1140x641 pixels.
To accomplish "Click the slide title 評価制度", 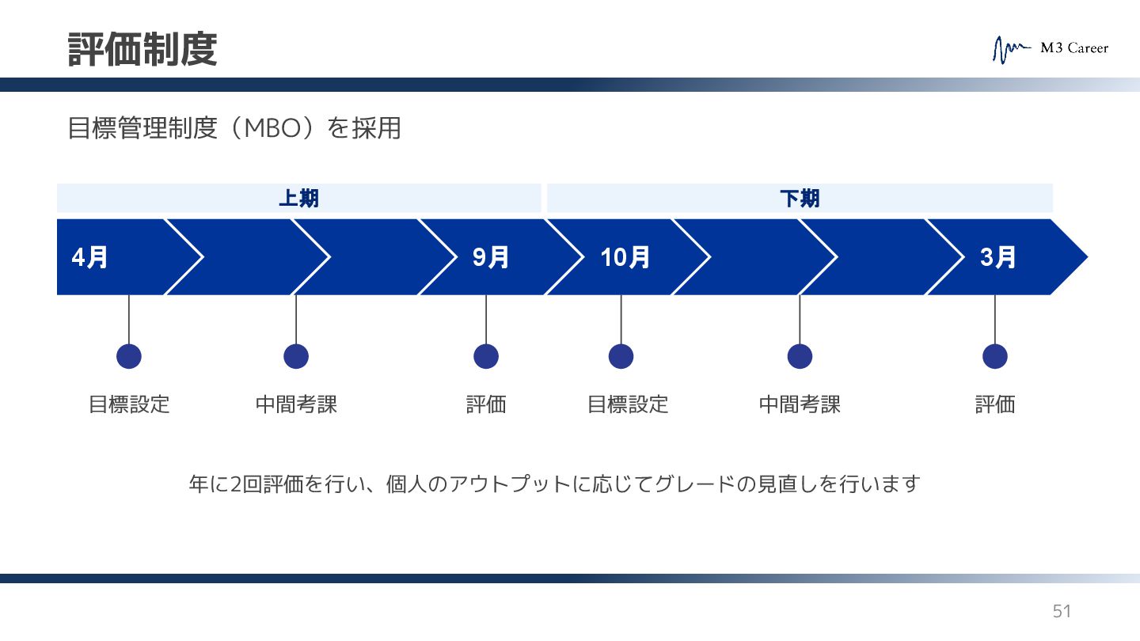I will point(142,49).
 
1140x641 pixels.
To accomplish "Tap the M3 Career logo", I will point(1051,49).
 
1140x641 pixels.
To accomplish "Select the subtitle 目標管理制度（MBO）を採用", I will point(234,128).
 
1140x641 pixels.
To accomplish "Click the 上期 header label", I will point(298,199).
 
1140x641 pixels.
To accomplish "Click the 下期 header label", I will point(800,199).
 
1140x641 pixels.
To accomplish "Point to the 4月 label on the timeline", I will point(90,257).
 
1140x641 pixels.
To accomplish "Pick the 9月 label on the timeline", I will point(491,257).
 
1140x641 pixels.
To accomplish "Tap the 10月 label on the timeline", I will point(625,257).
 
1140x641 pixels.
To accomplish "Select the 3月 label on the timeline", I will point(997,257).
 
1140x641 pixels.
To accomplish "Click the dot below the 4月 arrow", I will point(129,356).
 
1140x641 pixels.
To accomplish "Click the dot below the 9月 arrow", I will point(486,356).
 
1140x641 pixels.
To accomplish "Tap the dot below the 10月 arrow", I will point(621,356).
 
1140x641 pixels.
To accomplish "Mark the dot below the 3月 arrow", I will point(995,356).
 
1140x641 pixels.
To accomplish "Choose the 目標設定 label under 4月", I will point(129,404).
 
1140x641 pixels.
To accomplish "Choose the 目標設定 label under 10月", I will point(628,404).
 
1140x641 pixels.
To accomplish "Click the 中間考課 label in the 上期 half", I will point(296,404).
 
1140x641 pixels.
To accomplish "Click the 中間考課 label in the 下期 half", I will point(800,404).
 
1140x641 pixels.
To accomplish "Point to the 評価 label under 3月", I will point(995,404).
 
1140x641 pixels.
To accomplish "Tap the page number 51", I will point(1061,611).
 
